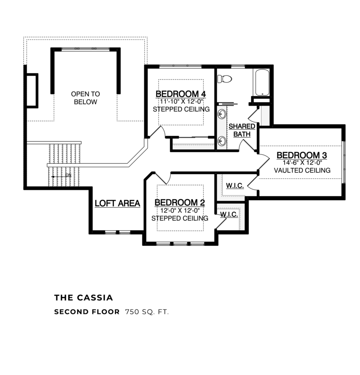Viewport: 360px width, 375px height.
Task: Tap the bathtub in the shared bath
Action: click(261, 82)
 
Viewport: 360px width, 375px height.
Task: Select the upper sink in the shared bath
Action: click(221, 114)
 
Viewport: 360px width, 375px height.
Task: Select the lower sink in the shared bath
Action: click(221, 140)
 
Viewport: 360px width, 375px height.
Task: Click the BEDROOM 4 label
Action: click(181, 94)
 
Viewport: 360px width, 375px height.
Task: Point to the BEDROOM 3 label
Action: click(301, 155)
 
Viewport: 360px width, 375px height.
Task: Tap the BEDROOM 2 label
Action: click(179, 203)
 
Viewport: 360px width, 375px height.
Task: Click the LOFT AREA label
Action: click(117, 203)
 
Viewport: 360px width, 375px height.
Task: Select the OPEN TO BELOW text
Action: click(85, 98)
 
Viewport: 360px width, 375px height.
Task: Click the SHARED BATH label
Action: click(242, 130)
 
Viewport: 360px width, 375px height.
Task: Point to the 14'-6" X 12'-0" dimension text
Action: click(302, 163)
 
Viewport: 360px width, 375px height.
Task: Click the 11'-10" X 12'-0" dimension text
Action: click(181, 101)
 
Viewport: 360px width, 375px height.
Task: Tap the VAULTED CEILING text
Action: click(302, 170)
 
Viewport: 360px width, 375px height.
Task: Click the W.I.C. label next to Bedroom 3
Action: click(235, 186)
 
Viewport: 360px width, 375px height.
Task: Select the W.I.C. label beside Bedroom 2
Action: click(229, 214)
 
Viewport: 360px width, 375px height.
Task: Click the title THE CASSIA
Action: click(83, 297)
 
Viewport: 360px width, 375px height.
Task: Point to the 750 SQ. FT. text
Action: click(147, 312)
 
